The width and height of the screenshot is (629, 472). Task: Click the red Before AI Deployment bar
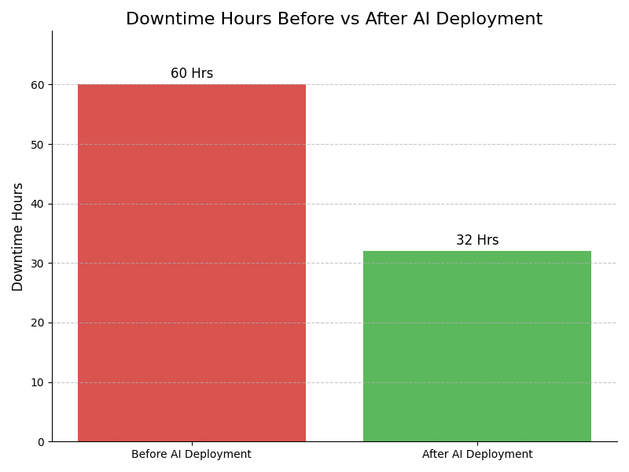pos(191,263)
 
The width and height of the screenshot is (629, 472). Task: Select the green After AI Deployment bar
pos(476,346)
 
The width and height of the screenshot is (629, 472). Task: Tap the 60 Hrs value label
pos(192,74)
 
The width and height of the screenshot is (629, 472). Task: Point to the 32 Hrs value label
pos(477,241)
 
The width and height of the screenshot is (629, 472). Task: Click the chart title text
pos(334,20)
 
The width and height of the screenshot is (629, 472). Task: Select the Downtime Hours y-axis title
pos(18,237)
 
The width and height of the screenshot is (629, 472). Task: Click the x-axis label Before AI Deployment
pos(191,455)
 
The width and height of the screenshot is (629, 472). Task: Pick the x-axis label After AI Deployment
pos(477,455)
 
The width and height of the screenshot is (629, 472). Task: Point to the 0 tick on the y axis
pos(41,442)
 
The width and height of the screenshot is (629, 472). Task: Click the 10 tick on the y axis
pos(38,382)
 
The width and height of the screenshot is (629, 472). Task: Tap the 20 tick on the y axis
pos(38,323)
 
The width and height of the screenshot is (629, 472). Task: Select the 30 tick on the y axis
pos(38,264)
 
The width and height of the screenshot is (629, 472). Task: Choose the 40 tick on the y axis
pos(38,204)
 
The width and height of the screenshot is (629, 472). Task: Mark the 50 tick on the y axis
pos(38,145)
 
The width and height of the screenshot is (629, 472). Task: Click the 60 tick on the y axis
pos(38,85)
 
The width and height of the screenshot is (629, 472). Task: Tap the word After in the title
pos(383,20)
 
